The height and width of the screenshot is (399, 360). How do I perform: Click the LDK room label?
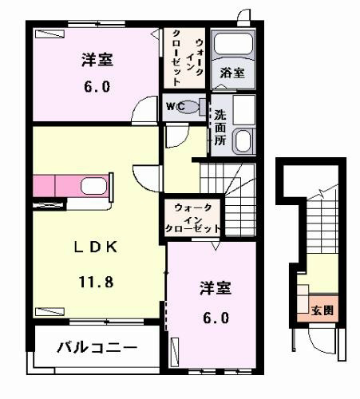(x=96, y=247)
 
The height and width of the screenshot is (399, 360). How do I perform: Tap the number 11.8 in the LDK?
(x=97, y=282)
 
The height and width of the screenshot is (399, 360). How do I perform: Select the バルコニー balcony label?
(x=97, y=347)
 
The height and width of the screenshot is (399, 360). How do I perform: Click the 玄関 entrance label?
(x=322, y=310)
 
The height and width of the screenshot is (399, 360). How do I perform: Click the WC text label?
(x=175, y=107)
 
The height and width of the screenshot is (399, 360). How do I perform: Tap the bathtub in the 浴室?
(x=233, y=44)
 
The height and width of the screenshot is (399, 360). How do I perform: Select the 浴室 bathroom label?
(x=232, y=73)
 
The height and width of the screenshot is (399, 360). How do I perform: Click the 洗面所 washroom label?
(x=220, y=128)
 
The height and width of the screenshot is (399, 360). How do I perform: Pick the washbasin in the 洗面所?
(x=243, y=141)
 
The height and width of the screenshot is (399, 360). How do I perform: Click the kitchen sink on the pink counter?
(x=94, y=186)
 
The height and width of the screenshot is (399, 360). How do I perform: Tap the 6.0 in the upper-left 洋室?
(x=97, y=87)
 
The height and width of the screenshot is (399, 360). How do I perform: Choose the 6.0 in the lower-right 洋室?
(x=216, y=318)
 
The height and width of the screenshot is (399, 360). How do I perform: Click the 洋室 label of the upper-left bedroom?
(x=97, y=60)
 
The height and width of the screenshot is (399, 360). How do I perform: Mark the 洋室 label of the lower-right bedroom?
(x=216, y=288)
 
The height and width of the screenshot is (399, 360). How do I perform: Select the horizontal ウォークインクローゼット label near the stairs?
(x=193, y=218)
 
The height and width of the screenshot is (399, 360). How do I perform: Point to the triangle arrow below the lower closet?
(x=216, y=246)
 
